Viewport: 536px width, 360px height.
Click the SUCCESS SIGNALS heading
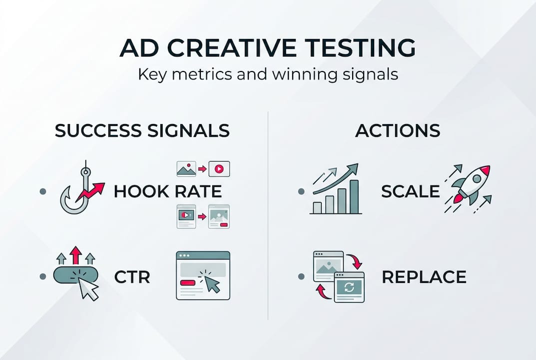tap(142, 130)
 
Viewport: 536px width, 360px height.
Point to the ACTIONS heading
tap(398, 130)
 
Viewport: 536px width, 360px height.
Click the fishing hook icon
tap(75, 192)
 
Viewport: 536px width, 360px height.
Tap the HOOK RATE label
tap(167, 191)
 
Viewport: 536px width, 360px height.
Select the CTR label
tap(132, 276)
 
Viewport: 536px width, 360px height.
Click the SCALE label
tap(410, 191)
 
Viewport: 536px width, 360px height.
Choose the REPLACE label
tap(424, 276)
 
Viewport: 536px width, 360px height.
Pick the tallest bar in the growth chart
tap(354, 196)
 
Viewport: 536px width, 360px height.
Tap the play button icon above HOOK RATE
tap(219, 169)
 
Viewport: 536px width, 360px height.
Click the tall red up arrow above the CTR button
tap(75, 255)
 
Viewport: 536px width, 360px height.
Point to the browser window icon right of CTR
tap(203, 275)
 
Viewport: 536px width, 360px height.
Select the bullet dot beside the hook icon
tap(42, 191)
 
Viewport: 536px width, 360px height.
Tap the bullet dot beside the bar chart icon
tap(300, 191)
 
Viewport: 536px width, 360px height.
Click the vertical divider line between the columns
tap(268, 215)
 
